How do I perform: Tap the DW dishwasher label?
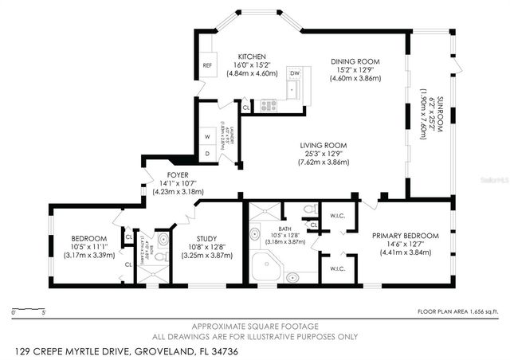click(294, 73)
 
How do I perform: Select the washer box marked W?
click(208, 135)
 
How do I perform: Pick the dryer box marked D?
click(208, 153)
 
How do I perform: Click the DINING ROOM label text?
click(355, 61)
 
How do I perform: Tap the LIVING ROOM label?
click(324, 145)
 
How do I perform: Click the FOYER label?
click(178, 175)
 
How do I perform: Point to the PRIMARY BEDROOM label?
click(406, 236)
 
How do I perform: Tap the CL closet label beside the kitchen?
click(246, 107)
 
